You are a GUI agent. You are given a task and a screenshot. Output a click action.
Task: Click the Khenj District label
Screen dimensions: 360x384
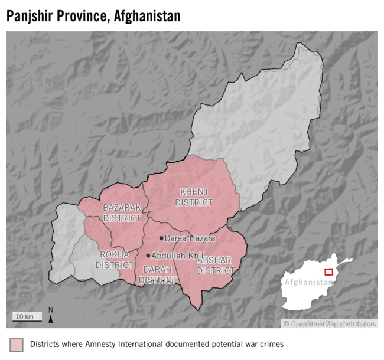[x=196, y=197]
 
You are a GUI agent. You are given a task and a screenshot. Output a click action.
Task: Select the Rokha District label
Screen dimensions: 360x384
[x=114, y=260]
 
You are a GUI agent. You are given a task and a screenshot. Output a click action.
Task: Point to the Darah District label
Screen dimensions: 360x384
[x=158, y=274]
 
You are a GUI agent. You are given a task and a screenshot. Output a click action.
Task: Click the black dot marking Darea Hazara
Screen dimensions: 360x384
[x=161, y=238]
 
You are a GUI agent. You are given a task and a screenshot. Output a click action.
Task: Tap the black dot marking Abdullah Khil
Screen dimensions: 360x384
[x=148, y=256]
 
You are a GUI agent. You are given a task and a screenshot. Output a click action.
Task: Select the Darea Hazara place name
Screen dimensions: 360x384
[x=190, y=238]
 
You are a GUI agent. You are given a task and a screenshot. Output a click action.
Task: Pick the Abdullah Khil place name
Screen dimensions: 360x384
[x=177, y=256]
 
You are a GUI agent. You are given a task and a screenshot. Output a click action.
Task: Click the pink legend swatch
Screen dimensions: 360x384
[x=16, y=344]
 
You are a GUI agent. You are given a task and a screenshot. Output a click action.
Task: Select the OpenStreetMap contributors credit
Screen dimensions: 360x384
[x=330, y=323]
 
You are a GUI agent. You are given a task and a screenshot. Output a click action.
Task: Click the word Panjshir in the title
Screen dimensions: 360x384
[x=33, y=17]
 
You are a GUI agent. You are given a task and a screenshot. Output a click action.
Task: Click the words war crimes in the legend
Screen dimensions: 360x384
[x=263, y=343]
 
